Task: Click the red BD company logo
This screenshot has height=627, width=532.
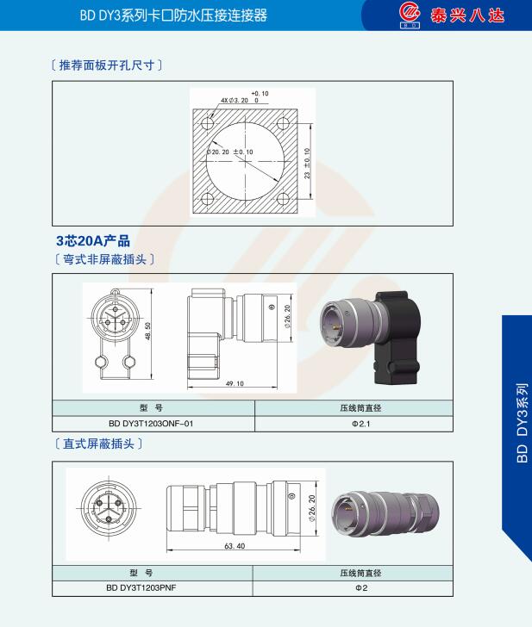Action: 410,16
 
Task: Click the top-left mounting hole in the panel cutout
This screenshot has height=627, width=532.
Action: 207,123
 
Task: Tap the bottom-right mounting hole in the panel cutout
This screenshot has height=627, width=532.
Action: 283,199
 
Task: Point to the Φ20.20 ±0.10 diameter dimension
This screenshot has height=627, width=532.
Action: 229,152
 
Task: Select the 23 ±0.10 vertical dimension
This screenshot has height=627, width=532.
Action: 307,163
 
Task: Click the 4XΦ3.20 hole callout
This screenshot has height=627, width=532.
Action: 235,101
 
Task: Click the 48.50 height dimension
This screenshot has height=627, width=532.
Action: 147,331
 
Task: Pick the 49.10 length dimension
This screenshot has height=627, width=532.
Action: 235,383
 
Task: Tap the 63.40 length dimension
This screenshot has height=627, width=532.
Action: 235,546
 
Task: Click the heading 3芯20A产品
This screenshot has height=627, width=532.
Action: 93,241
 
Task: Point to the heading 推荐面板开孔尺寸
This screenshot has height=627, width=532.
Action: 107,65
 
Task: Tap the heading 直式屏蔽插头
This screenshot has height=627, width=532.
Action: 98,444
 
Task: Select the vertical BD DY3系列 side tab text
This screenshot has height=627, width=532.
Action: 522,423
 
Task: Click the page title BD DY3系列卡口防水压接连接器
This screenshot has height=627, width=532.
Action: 173,16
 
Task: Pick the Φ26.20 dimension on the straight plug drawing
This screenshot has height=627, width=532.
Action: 312,508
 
